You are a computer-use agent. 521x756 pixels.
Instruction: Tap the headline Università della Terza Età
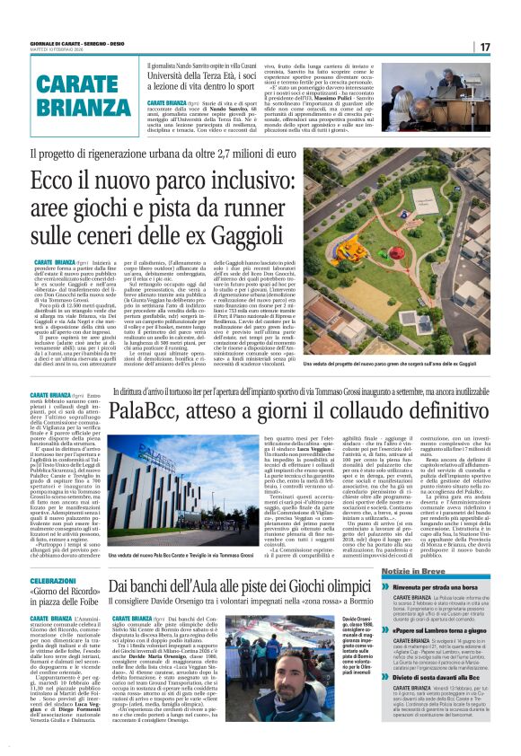tap(207, 78)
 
